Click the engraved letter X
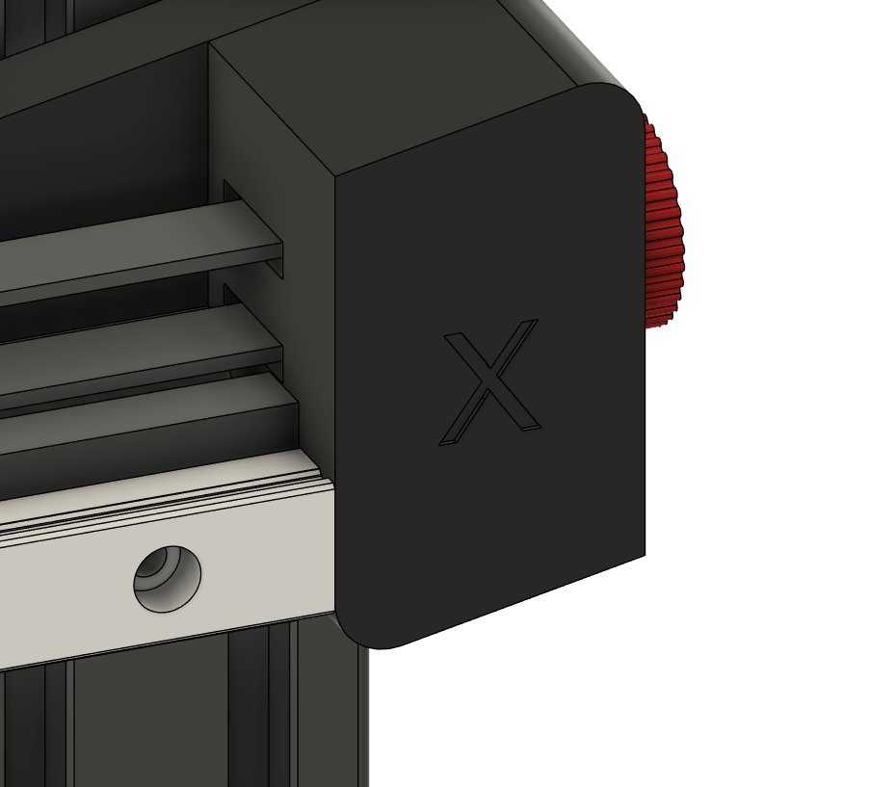[490, 381]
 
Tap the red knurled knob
[662, 222]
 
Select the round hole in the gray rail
[168, 579]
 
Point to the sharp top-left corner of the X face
[336, 176]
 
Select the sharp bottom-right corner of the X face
[645, 554]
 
